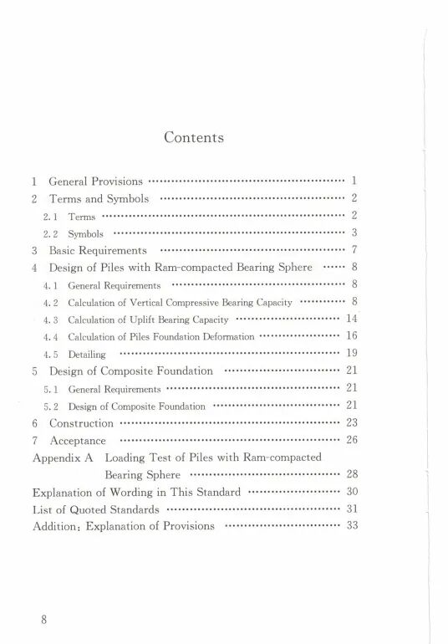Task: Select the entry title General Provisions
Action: coord(96,181)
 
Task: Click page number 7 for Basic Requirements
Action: coord(354,250)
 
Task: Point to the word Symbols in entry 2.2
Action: coord(85,233)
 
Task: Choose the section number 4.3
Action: coord(48,319)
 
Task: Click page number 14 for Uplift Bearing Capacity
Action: coord(351,319)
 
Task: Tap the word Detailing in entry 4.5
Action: coord(85,354)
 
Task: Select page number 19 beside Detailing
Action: coord(351,354)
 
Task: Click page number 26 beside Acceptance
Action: coord(351,440)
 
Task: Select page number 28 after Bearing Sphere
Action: coord(351,475)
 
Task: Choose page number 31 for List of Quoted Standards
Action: coord(351,509)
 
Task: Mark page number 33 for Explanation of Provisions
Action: coord(351,526)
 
